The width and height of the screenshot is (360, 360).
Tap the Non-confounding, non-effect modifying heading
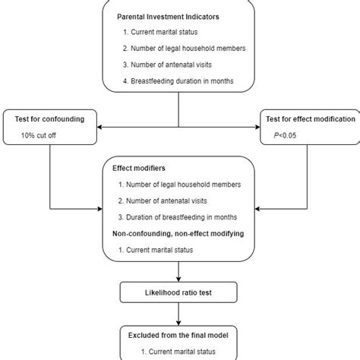178,234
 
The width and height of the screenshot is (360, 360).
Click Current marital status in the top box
157,33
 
